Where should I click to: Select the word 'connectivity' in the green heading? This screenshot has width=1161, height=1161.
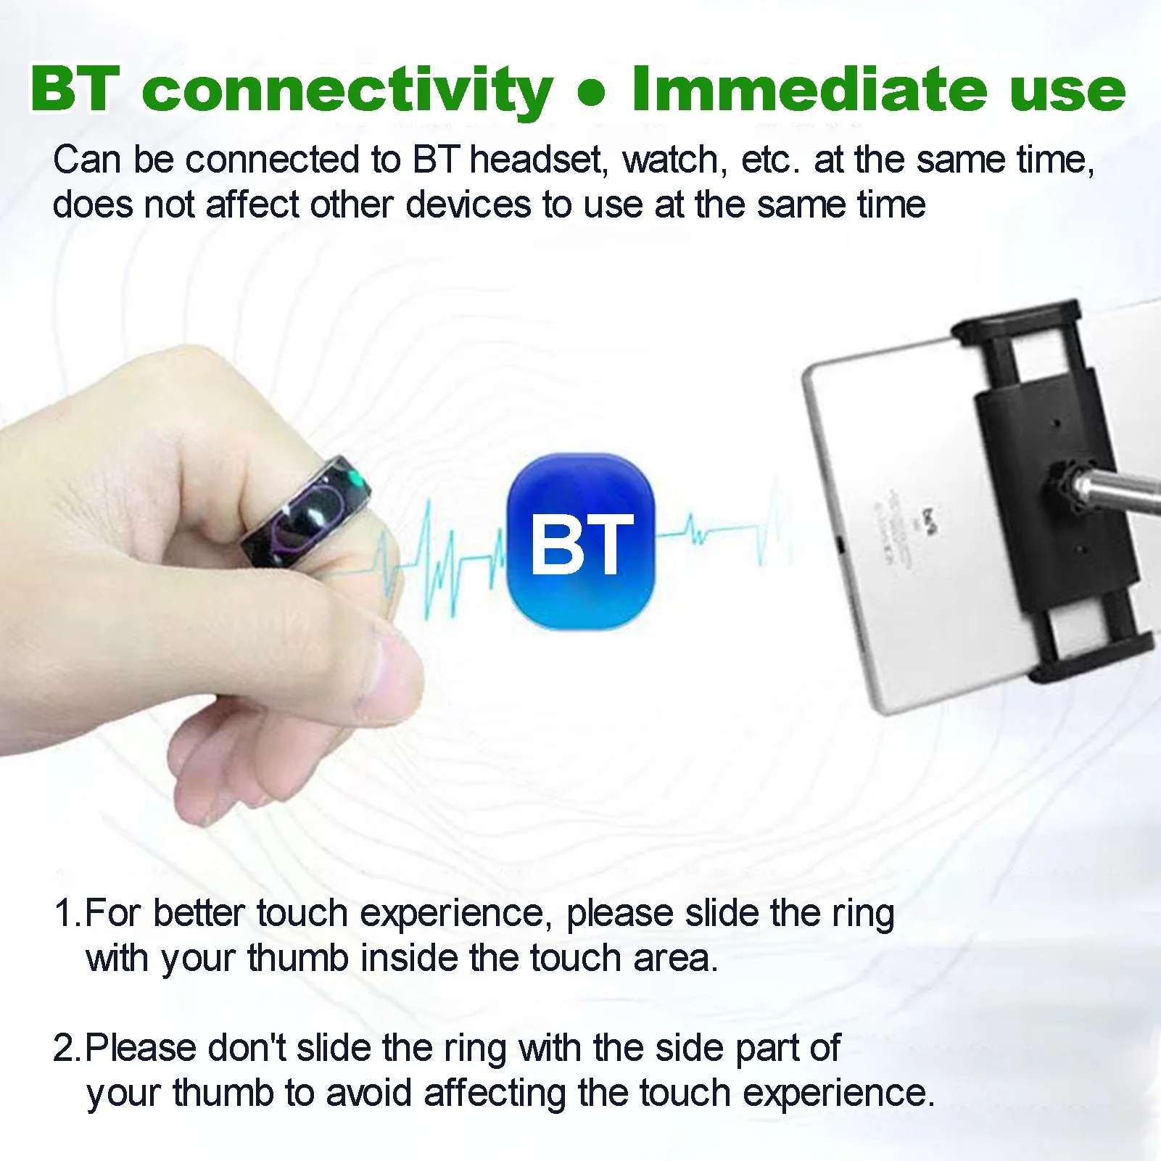[x=347, y=90]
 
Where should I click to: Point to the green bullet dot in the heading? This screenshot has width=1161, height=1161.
[x=592, y=94]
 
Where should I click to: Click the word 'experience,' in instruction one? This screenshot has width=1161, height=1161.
[x=456, y=914]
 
